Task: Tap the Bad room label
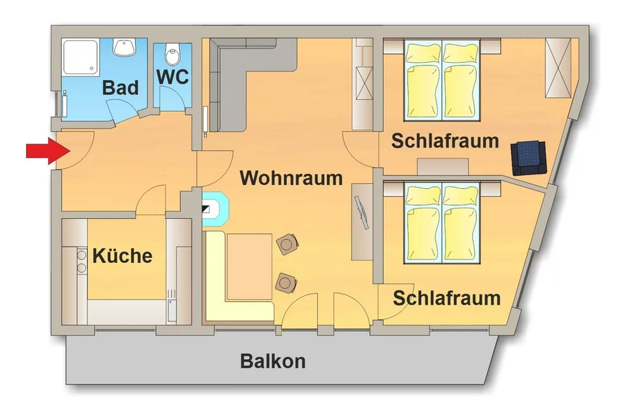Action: [120, 87]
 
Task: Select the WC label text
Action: [172, 76]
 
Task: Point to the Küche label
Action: [123, 256]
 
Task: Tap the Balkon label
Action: [272, 361]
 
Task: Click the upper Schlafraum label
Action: [445, 140]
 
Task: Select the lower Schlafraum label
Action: [446, 297]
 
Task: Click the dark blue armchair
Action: [529, 157]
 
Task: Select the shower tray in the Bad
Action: [80, 59]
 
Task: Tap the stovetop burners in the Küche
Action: [81, 260]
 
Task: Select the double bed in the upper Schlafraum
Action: [442, 81]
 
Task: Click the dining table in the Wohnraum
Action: [250, 266]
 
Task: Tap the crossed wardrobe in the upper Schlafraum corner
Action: [559, 67]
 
